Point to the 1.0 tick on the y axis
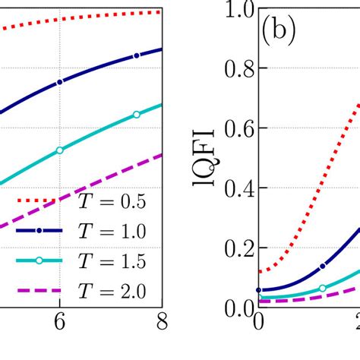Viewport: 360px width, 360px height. click(x=235, y=11)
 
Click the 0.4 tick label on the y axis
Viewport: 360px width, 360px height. click(x=235, y=188)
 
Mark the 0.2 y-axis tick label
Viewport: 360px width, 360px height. click(x=235, y=248)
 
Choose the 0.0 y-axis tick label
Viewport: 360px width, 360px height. click(x=235, y=307)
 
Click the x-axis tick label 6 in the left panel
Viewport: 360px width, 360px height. click(x=59, y=323)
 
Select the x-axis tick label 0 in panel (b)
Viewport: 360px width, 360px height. click(x=259, y=323)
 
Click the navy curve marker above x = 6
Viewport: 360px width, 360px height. click(x=59, y=81)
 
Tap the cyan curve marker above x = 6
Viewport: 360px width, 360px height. click(x=59, y=150)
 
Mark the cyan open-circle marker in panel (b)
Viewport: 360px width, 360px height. click(x=323, y=288)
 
